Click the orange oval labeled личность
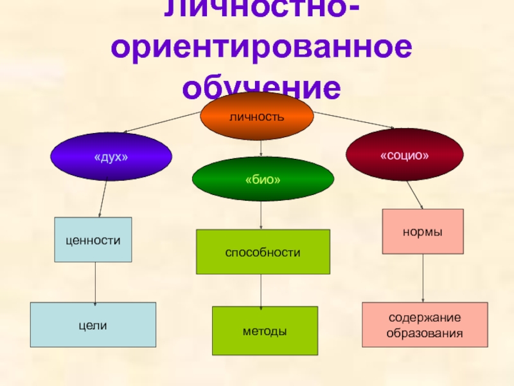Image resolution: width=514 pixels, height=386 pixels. coord(257,116)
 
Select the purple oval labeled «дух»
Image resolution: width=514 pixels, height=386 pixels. coord(111,156)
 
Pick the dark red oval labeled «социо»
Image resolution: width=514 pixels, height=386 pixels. coord(405,154)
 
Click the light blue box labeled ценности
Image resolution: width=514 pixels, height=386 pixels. coord(93,239)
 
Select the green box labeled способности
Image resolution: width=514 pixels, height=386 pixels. coord(262,252)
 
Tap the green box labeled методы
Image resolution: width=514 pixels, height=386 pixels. coord(265,331)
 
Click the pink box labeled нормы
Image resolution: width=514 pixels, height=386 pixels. coord(423,231)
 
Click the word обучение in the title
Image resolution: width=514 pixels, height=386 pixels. coord(261,89)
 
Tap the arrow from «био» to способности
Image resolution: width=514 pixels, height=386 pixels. coord(261,215)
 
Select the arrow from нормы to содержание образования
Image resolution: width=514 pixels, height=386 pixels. coord(423,278)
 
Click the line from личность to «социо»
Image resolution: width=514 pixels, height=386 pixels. coord(353,120)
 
